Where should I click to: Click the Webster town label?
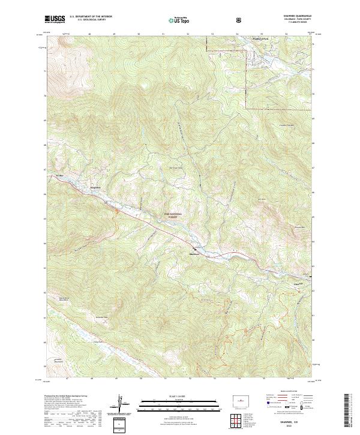59,175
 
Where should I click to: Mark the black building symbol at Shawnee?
194,248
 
